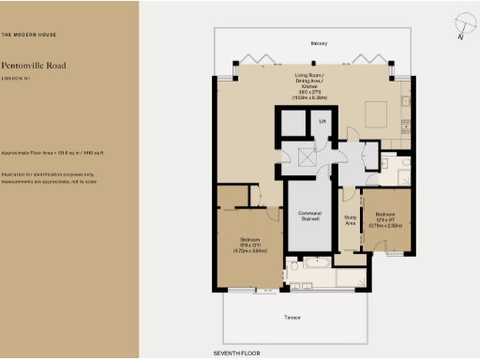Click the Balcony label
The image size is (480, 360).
coord(319,43)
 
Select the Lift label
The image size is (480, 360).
coord(322,121)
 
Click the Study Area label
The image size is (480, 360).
coord(351,221)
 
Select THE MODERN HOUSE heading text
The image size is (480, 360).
coord(29,35)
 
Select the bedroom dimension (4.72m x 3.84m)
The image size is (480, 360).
coord(248,250)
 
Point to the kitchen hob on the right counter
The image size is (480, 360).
coord(407,101)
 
